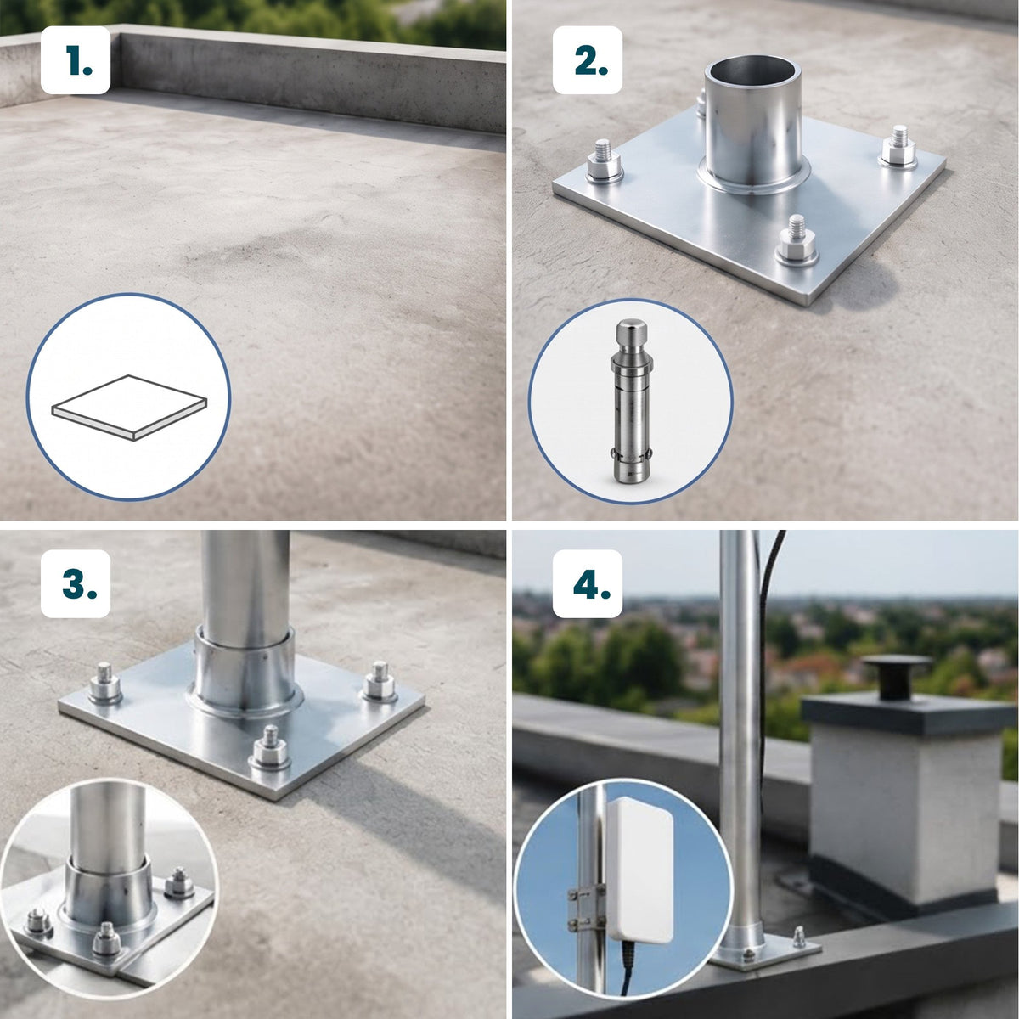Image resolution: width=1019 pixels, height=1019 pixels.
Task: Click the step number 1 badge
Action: [75, 60]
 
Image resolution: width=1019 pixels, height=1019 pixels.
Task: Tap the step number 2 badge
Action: [587, 60]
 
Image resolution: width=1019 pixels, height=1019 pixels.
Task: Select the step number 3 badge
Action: [75, 583]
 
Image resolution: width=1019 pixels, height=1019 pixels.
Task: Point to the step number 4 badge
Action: [587, 583]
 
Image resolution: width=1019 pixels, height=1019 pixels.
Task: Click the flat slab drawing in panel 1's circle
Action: [130, 408]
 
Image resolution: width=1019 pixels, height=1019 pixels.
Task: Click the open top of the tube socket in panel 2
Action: [752, 72]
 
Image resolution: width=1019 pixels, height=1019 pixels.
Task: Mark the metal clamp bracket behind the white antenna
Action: [586, 909]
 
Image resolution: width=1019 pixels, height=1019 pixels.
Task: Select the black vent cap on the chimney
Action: [898, 676]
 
